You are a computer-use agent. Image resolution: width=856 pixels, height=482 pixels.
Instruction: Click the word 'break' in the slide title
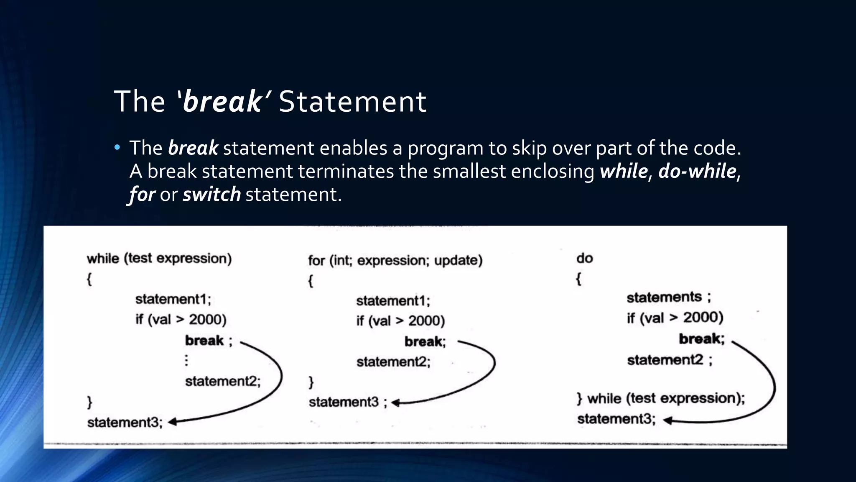[x=222, y=102]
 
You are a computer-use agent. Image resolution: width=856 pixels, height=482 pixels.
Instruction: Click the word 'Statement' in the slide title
[x=352, y=102]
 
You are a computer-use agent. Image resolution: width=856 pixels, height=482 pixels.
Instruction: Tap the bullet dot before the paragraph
[x=117, y=147]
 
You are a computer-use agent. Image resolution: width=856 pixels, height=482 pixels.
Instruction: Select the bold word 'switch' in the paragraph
[x=211, y=195]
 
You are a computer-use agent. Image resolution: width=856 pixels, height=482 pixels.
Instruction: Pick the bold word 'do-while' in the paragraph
[x=697, y=172]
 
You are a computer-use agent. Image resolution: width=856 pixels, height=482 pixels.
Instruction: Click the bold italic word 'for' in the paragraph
[x=142, y=195]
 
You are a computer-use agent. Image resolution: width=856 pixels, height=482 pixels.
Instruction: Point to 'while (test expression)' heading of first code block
[x=159, y=259]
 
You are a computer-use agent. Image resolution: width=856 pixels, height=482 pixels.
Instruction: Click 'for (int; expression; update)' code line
[x=395, y=260]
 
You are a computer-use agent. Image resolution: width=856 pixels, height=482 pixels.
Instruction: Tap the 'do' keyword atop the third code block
[x=584, y=258]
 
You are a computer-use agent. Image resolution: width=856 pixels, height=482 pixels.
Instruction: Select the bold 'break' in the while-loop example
[x=204, y=341]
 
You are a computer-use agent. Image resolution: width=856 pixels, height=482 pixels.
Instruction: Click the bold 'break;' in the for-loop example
[x=425, y=342]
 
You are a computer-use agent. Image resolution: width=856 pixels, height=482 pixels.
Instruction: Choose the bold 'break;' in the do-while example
[x=701, y=338]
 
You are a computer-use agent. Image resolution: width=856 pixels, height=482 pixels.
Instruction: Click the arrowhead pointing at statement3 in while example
[x=172, y=422]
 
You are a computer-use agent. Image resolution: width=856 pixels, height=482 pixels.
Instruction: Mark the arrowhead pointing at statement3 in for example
[x=395, y=403]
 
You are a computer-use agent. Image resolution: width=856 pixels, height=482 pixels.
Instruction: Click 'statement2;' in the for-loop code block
[x=393, y=361]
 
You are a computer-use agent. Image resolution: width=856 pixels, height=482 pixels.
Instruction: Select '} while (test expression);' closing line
[x=660, y=398]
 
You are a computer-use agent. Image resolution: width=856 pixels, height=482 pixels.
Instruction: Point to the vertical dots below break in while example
[x=186, y=360]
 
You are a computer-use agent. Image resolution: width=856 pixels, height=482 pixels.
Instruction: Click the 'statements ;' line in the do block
[x=668, y=297]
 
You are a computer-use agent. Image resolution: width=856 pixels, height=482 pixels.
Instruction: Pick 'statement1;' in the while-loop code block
[x=173, y=299]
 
